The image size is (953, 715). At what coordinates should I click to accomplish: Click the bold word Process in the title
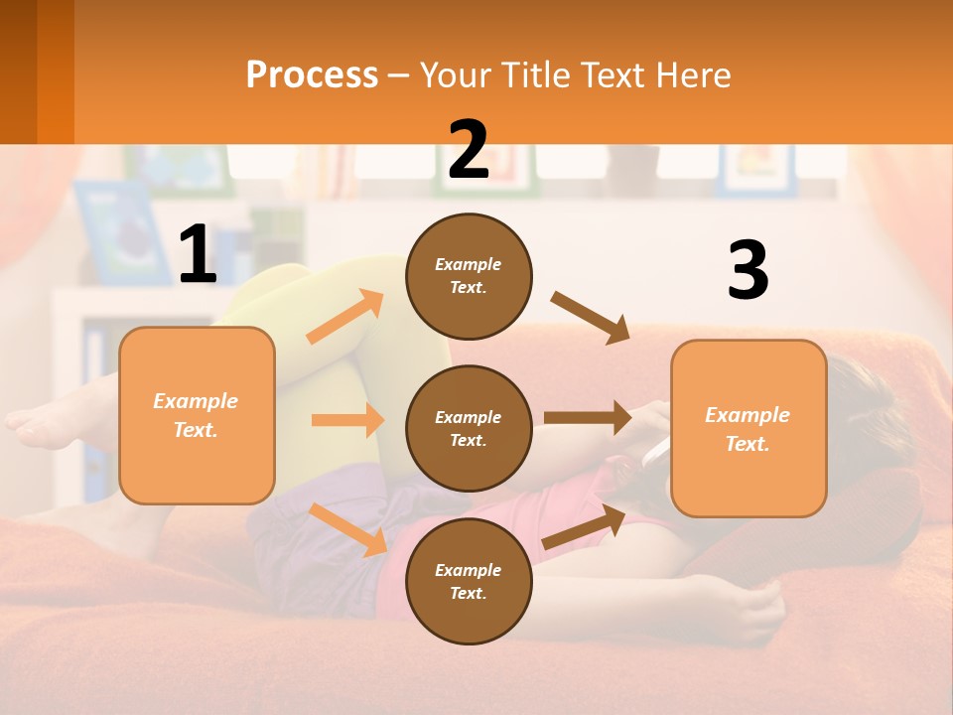312,74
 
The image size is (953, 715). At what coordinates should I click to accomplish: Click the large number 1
198,255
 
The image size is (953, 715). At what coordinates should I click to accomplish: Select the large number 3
748,270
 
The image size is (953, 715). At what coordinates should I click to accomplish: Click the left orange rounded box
197,415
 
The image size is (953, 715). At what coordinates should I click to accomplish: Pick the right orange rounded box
749,428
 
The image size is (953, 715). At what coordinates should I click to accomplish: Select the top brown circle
469,276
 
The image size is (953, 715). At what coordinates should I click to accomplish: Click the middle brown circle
469,428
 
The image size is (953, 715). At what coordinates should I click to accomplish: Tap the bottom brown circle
469,581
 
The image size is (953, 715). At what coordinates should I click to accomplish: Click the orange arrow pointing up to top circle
344,317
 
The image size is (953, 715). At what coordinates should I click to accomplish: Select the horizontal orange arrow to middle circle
346,420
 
